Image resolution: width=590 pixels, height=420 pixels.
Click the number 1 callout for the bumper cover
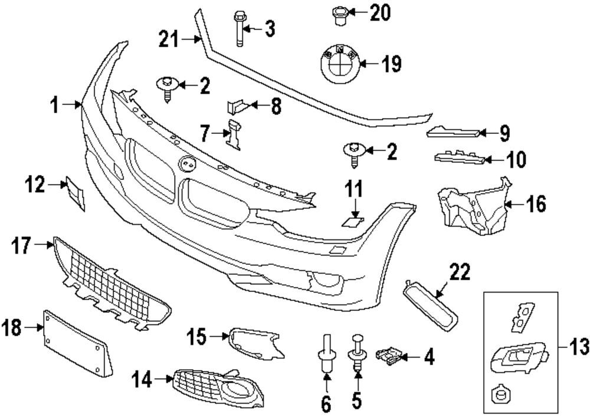coord(55,106)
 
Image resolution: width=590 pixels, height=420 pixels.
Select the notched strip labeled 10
coord(459,157)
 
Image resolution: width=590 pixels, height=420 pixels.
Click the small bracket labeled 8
coord(237,106)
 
